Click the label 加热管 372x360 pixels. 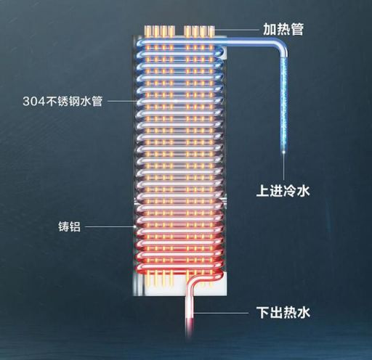pyautogui.click(x=283, y=29)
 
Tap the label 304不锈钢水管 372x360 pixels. pyautogui.click(x=62, y=101)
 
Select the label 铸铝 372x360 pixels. pyautogui.click(x=69, y=226)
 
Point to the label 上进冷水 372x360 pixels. pyautogui.click(x=283, y=191)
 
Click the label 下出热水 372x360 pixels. pyautogui.click(x=283, y=312)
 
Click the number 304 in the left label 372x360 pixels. pyautogui.click(x=34, y=101)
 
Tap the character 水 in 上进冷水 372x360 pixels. pyautogui.click(x=303, y=191)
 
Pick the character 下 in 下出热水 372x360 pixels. pyautogui.click(x=263, y=312)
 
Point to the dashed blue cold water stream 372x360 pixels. pyautogui.click(x=284, y=104)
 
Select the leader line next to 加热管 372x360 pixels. pyautogui.click(x=237, y=30)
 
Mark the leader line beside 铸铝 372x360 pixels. pyautogui.click(x=110, y=226)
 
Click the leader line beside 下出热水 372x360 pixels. pyautogui.click(x=221, y=313)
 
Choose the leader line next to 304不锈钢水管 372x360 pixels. pyautogui.click(x=122, y=101)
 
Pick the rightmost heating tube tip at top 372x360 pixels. pyautogui.click(x=211, y=31)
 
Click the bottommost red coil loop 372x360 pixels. pyautogui.click(x=179, y=269)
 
